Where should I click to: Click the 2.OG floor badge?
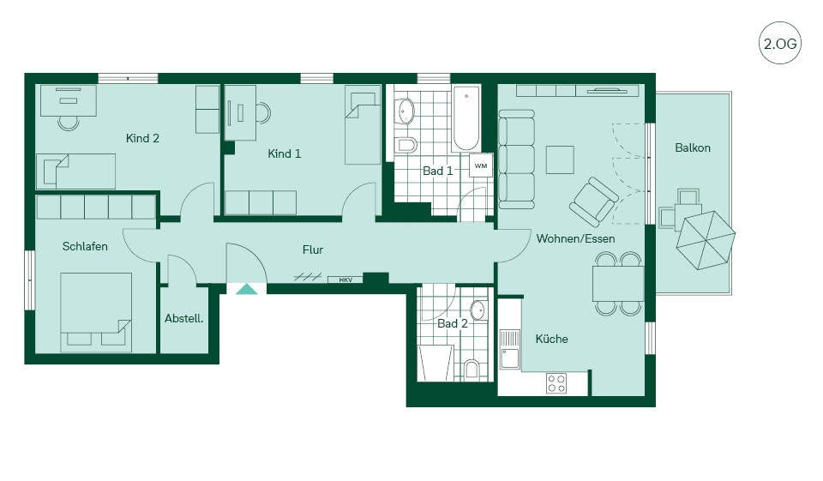pyautogui.click(x=780, y=43)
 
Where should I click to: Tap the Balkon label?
pyautogui.click(x=693, y=148)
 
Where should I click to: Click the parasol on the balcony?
pyautogui.click(x=706, y=240)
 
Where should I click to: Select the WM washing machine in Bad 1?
pyautogui.click(x=481, y=165)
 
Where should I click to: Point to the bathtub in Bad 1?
pyautogui.click(x=466, y=118)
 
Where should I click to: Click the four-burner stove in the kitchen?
pyautogui.click(x=556, y=382)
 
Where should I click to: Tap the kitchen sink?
pyautogui.click(x=509, y=350)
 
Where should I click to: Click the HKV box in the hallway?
pyautogui.click(x=345, y=280)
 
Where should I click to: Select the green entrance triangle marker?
pyautogui.click(x=247, y=289)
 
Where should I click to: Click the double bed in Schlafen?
pyautogui.click(x=96, y=312)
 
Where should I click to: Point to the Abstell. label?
pyautogui.click(x=183, y=318)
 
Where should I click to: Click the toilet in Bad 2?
pyautogui.click(x=472, y=370)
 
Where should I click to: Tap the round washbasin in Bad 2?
pyautogui.click(x=478, y=310)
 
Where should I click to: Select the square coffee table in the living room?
pyautogui.click(x=560, y=159)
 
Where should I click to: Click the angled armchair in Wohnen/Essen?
pyautogui.click(x=593, y=201)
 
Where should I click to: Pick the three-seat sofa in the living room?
pyautogui.click(x=516, y=159)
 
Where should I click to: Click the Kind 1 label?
pyautogui.click(x=284, y=153)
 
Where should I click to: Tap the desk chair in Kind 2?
pyautogui.click(x=69, y=123)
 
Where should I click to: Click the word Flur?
pyautogui.click(x=313, y=250)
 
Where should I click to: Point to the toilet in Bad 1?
pyautogui.click(x=405, y=144)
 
